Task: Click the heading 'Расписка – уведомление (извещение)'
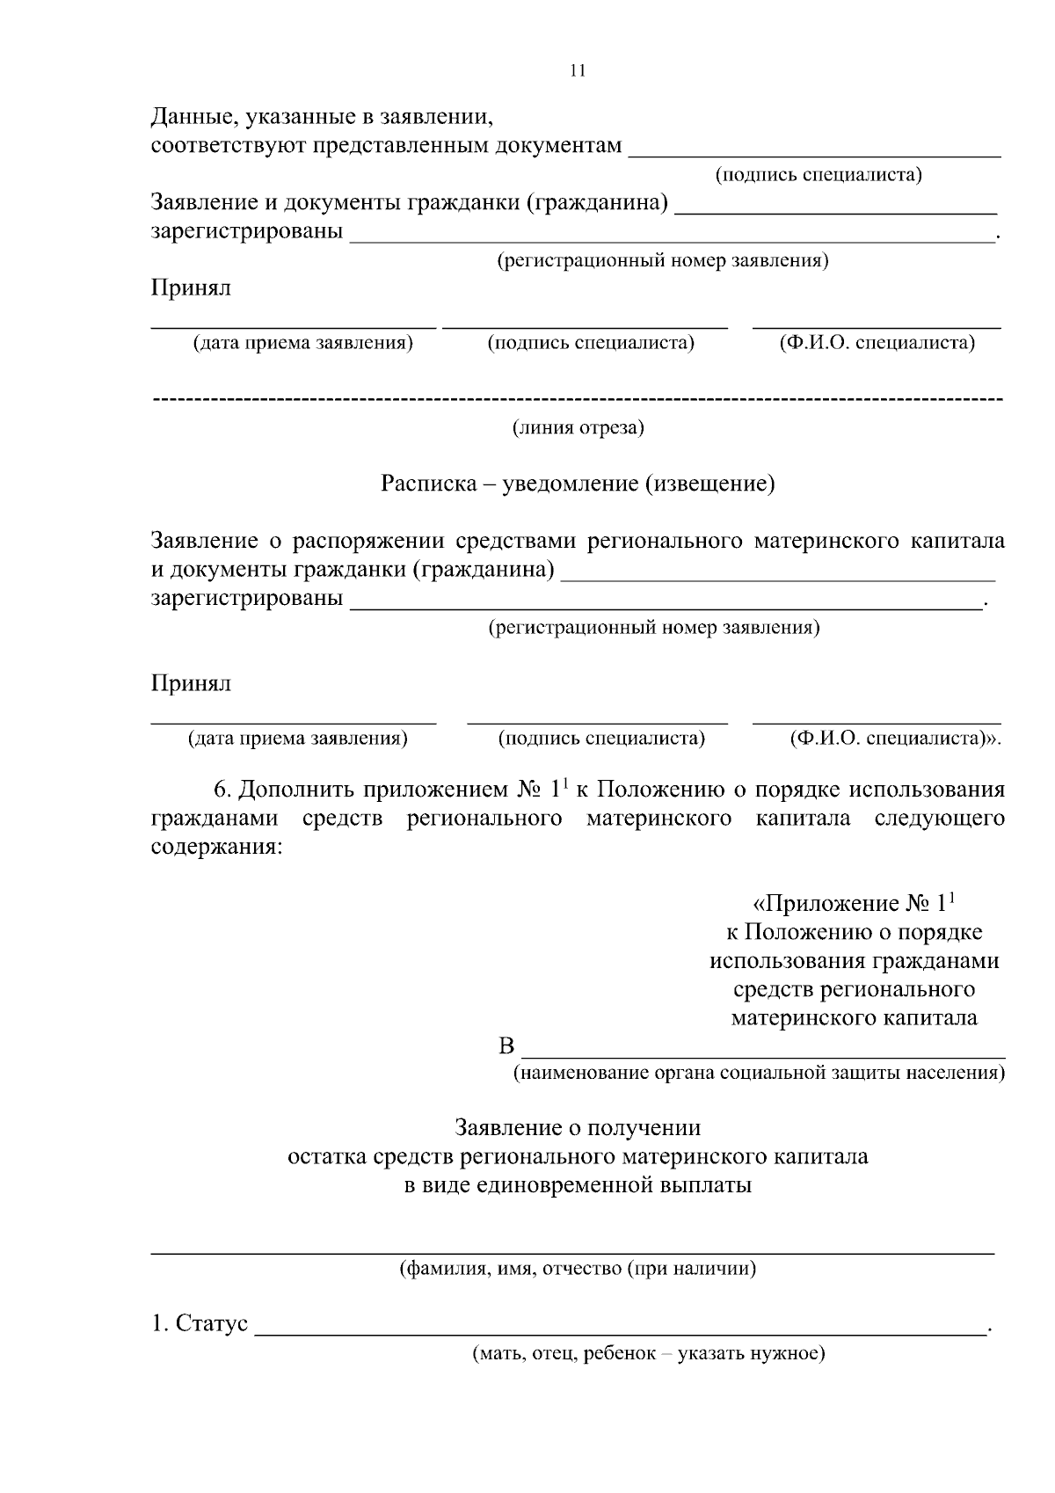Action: pyautogui.click(x=578, y=484)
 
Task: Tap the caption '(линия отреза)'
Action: pyautogui.click(x=578, y=428)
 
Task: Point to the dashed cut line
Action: pyautogui.click(x=578, y=401)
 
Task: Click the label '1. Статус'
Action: pyautogui.click(x=200, y=1323)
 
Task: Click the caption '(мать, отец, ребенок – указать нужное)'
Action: pyautogui.click(x=649, y=1353)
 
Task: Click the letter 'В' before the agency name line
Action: pyautogui.click(x=506, y=1046)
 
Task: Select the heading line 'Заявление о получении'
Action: pyautogui.click(x=578, y=1127)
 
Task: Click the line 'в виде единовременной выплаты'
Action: pyautogui.click(x=578, y=1184)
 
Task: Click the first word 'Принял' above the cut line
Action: pyautogui.click(x=191, y=288)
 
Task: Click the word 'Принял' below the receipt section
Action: pyautogui.click(x=191, y=683)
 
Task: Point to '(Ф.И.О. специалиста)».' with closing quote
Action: pyautogui.click(x=895, y=739)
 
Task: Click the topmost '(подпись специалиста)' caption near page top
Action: pyautogui.click(x=819, y=174)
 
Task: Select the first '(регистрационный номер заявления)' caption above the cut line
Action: pyautogui.click(x=662, y=261)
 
